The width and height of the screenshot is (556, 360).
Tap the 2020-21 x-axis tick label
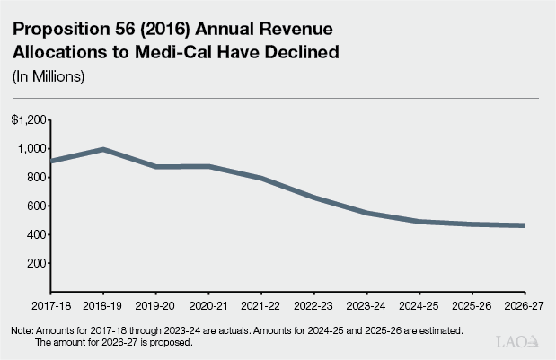pyautogui.click(x=208, y=305)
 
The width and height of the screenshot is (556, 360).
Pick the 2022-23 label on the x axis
pyautogui.click(x=313, y=305)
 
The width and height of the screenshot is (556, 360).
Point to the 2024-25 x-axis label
pyautogui.click(x=419, y=305)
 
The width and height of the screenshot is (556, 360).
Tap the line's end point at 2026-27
pyautogui.click(x=524, y=225)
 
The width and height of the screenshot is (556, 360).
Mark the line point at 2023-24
pyautogui.click(x=366, y=213)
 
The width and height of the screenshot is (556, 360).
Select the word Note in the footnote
pyautogui.click(x=22, y=331)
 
